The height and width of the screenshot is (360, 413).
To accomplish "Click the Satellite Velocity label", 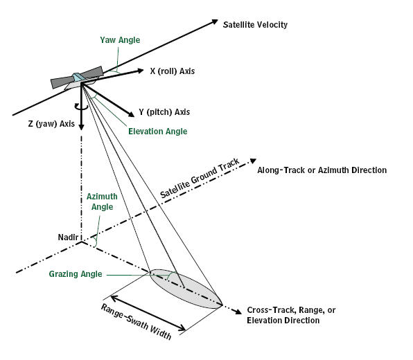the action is (x=255, y=25).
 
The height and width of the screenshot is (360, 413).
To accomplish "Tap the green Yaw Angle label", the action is (x=120, y=40).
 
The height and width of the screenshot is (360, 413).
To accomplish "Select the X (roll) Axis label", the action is (x=173, y=71).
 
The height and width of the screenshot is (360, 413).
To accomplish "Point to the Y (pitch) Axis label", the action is (x=164, y=112).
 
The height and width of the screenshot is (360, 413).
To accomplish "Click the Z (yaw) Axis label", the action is (x=51, y=124).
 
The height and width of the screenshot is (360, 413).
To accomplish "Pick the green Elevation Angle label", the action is (x=158, y=132).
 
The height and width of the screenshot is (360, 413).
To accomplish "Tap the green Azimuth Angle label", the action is (x=102, y=201).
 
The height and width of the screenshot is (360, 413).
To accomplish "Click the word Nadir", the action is (x=68, y=237).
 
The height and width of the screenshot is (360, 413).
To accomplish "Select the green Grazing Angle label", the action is (x=76, y=274).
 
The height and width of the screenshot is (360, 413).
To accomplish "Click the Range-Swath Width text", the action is (x=136, y=322).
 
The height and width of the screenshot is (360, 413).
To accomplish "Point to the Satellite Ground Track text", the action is (x=200, y=178).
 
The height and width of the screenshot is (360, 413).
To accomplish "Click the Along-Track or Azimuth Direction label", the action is (x=322, y=170).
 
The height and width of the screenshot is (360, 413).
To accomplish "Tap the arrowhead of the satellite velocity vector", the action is (x=215, y=21).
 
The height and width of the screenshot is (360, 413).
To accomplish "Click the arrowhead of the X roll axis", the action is (x=140, y=71).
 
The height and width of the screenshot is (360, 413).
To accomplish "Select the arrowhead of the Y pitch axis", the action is (x=131, y=114).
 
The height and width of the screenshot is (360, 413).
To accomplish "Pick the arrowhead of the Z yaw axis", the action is (x=82, y=127).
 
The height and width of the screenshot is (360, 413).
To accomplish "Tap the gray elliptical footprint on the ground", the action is (x=186, y=289).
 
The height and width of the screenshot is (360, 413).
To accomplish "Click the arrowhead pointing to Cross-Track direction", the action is (x=238, y=312).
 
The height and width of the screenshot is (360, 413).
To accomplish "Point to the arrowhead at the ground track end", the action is (x=253, y=161).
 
